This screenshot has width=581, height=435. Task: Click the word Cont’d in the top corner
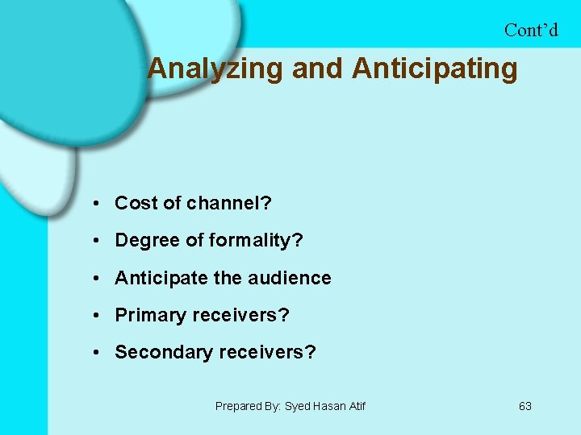[x=531, y=30]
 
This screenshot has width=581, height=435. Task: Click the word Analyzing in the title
[x=215, y=69]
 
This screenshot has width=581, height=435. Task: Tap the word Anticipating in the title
[x=434, y=69]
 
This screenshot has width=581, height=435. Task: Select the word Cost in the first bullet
[x=136, y=204]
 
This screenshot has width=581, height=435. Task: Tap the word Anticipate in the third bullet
[x=161, y=279]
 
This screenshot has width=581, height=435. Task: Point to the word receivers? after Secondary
[x=270, y=353]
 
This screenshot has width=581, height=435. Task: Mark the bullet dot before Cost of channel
[x=96, y=204]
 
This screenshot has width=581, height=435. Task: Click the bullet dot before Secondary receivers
[x=96, y=353]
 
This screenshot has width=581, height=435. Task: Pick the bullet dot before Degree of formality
[x=96, y=241]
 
